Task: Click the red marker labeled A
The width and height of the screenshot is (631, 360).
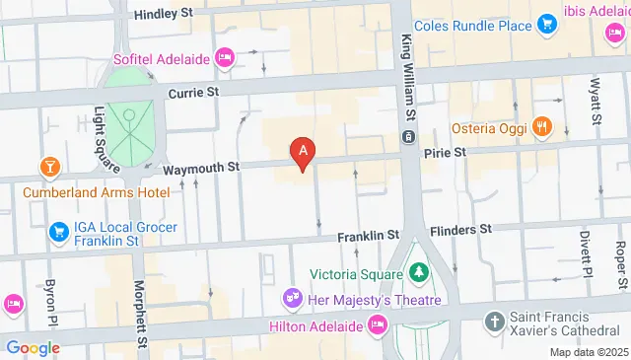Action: click(304, 152)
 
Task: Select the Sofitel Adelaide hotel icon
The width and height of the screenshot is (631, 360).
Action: click(225, 57)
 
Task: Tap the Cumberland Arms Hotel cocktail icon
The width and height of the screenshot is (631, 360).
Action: click(46, 164)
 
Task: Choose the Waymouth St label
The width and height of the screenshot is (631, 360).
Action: click(202, 169)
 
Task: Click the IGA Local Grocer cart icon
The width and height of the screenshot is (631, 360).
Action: click(56, 232)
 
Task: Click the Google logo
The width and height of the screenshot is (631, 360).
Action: click(32, 347)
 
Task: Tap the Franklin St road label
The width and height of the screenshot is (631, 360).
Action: click(367, 237)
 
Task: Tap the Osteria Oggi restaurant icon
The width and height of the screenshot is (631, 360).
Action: click(541, 127)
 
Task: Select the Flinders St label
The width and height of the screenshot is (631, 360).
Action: click(457, 230)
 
